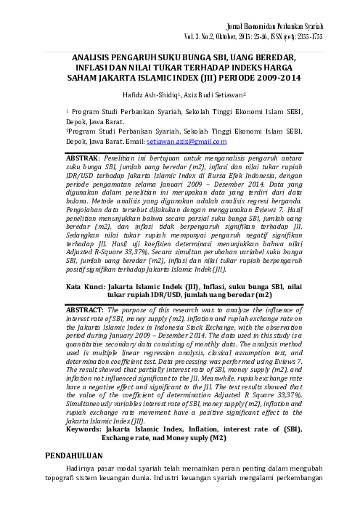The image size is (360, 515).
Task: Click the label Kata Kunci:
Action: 78,288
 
